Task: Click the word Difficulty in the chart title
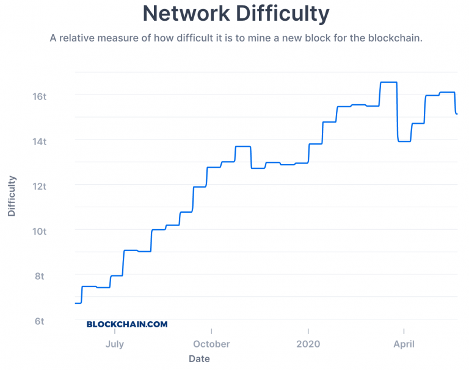coord(278,13)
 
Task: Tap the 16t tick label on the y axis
coord(39,96)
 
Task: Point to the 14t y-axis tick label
coord(39,141)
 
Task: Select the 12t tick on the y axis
coord(39,186)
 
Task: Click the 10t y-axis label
coord(39,231)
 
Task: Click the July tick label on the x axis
coord(114,344)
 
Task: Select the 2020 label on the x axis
coord(308,344)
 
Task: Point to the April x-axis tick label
coord(404,344)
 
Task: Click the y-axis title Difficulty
coord(12,196)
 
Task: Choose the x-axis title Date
coord(199,359)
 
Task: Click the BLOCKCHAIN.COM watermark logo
coord(127,325)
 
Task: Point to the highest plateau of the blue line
coord(388,82)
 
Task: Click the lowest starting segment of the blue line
coord(78,303)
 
